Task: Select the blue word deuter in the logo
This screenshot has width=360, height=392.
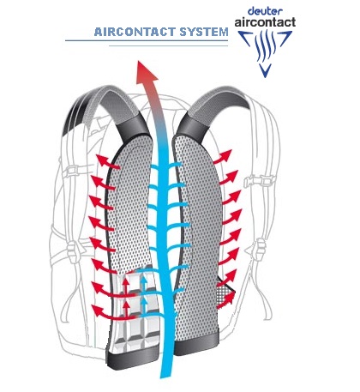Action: tap(266, 11)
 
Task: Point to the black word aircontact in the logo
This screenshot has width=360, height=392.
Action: tap(265, 22)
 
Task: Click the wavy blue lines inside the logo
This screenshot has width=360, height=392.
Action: tap(266, 45)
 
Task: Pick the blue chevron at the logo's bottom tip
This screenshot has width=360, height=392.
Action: tap(266, 70)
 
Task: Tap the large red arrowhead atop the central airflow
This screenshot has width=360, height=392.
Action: tap(147, 72)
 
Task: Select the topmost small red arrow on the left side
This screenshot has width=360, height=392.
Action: tap(107, 162)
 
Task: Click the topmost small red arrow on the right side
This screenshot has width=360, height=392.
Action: tap(222, 157)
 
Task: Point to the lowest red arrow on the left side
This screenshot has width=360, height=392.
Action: tap(113, 312)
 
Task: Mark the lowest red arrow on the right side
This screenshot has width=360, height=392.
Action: tap(226, 301)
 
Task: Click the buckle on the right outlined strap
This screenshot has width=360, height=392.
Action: tap(260, 181)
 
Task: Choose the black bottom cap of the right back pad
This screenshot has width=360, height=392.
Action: tap(196, 344)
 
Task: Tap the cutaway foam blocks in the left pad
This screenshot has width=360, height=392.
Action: tap(135, 309)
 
